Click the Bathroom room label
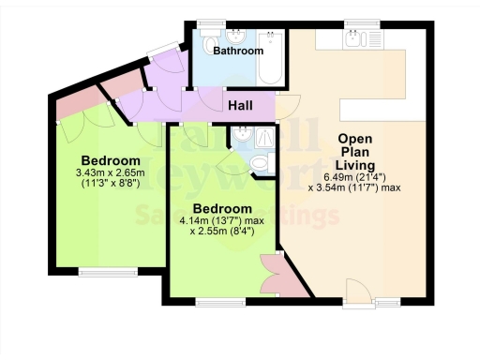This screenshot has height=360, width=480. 237,52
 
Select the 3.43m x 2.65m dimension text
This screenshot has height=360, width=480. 112,172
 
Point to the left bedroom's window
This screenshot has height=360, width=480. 98,272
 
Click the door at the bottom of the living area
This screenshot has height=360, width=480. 358,291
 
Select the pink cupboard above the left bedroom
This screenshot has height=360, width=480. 71,109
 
